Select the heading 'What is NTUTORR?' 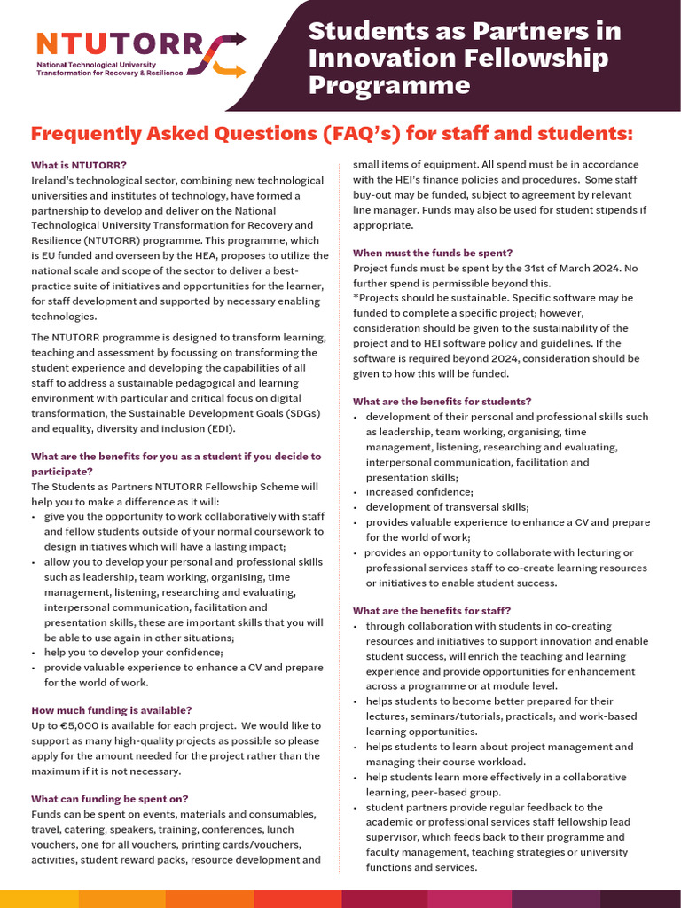click(79, 165)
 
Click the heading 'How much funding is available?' click(111, 710)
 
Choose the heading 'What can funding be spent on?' click(109, 798)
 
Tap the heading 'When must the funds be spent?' click(433, 253)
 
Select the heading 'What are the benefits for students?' click(442, 401)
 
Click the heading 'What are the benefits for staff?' click(432, 610)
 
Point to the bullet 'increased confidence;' click(419, 491)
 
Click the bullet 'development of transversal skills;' click(447, 506)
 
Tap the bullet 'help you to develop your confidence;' click(133, 652)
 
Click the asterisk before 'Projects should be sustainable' click(356, 298)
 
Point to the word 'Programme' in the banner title click(388, 85)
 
